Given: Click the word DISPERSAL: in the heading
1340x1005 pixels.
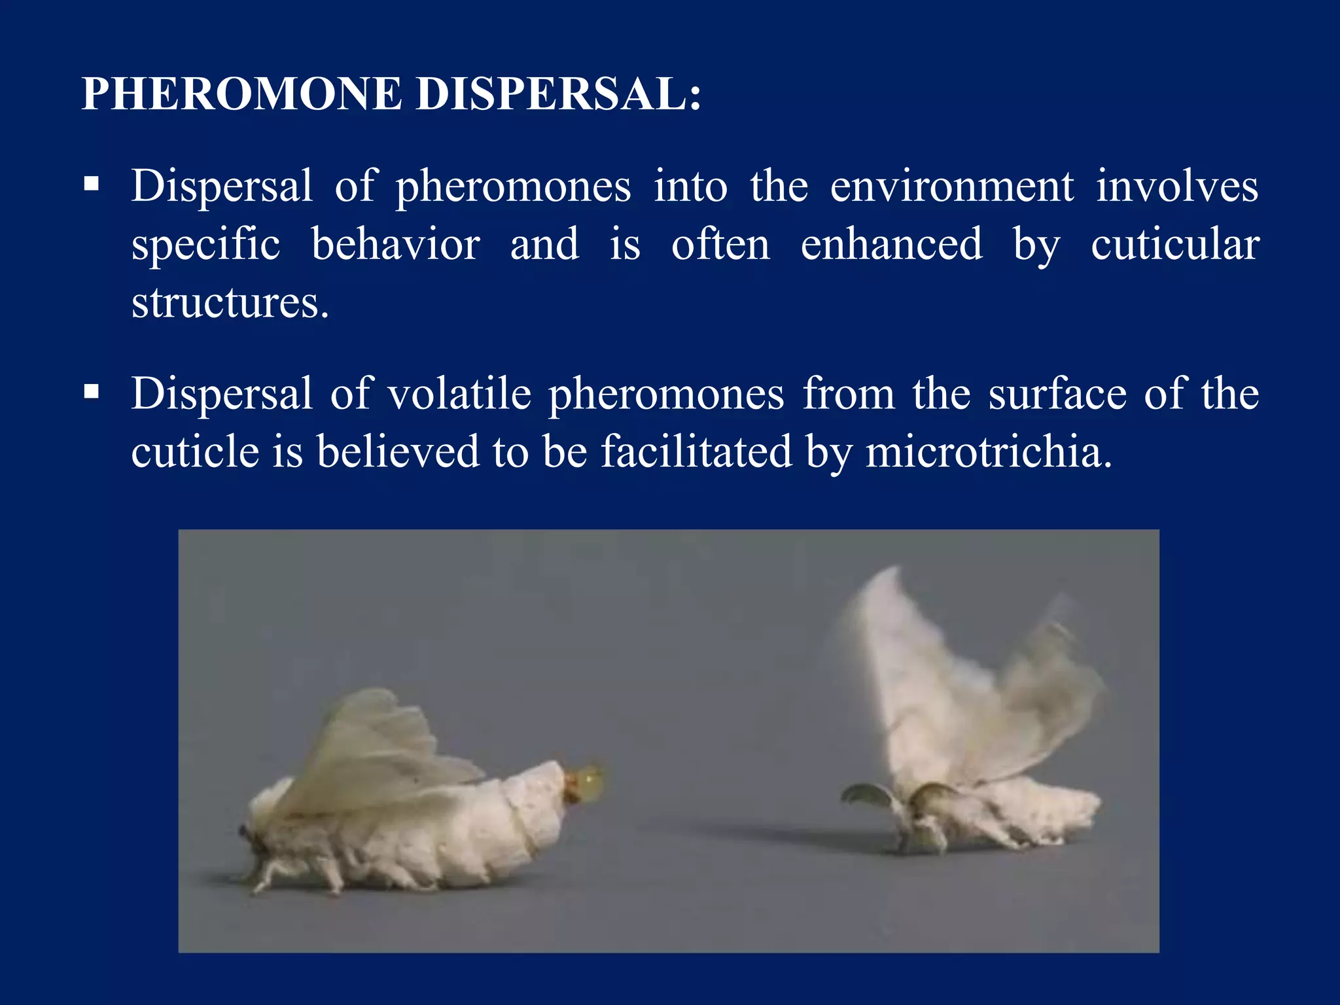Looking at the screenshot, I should point(558,94).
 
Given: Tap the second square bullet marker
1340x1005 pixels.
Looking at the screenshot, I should point(92,391).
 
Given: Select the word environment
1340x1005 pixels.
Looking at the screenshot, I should point(951,186).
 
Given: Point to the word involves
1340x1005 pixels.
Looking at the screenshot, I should point(1176,186).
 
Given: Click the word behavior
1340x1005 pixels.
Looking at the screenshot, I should point(396,245).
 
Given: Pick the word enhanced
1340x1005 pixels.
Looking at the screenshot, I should point(891,245).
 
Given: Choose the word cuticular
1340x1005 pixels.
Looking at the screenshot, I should point(1174,245).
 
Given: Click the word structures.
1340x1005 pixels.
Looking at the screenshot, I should point(229,303).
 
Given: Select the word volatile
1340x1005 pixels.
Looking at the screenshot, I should point(459,395).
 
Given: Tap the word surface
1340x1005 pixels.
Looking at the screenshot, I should point(1057,395).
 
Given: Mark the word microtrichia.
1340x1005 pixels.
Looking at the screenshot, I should point(988,453).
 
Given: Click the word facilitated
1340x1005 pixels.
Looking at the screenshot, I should point(696,453).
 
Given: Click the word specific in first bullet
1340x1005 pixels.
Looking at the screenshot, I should point(205,245).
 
